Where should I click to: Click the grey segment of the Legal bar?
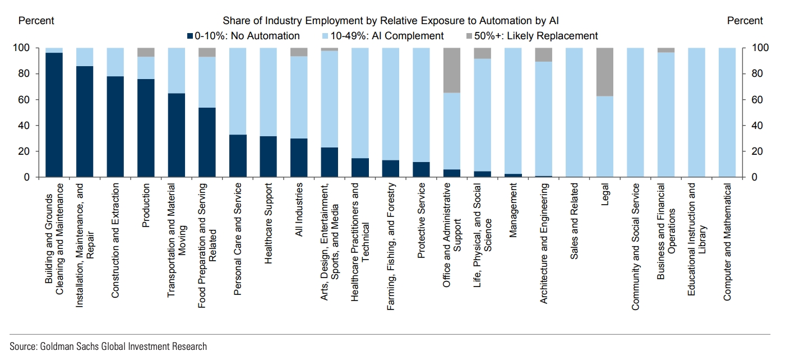(x=605, y=72)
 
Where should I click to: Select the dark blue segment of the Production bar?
(x=146, y=128)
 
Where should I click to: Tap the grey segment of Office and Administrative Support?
(x=451, y=70)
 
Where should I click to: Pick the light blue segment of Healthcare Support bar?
(x=269, y=92)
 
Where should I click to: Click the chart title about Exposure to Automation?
(x=391, y=21)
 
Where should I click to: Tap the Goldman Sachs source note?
(x=108, y=346)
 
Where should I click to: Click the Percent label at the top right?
(x=745, y=21)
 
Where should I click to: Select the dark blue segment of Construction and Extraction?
(x=115, y=127)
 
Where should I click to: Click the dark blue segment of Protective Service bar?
(x=421, y=169)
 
